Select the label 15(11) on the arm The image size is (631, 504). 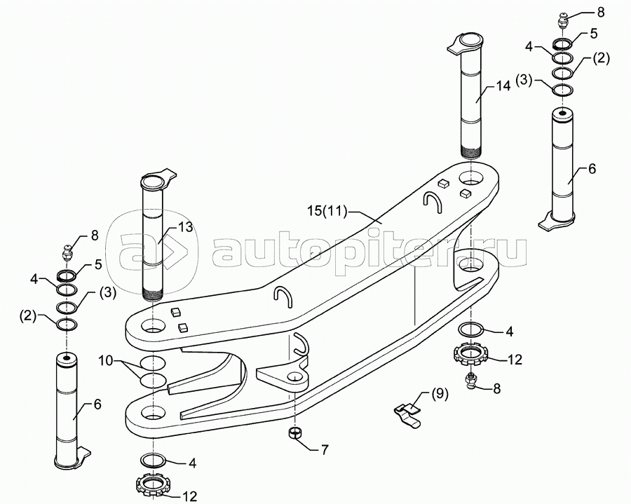tap(327, 211)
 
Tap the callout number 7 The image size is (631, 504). tap(324, 449)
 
